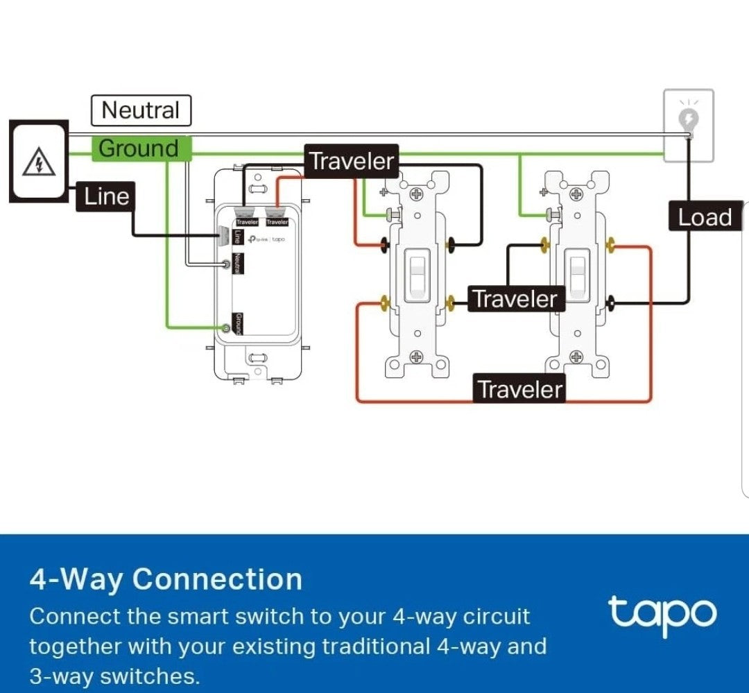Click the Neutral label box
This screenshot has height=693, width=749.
(x=141, y=111)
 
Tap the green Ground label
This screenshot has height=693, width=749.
(x=139, y=148)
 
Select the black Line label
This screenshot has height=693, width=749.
(x=106, y=197)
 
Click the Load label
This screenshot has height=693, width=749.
(x=705, y=218)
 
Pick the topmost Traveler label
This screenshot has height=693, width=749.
(x=352, y=161)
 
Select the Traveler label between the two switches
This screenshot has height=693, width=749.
(x=515, y=299)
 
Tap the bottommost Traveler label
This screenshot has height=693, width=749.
(x=520, y=389)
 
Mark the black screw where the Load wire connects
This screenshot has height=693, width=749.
(x=612, y=302)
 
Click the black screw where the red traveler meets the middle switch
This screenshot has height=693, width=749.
(x=383, y=243)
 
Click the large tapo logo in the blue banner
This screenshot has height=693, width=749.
(x=662, y=613)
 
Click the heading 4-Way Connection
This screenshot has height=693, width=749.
(x=166, y=579)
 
